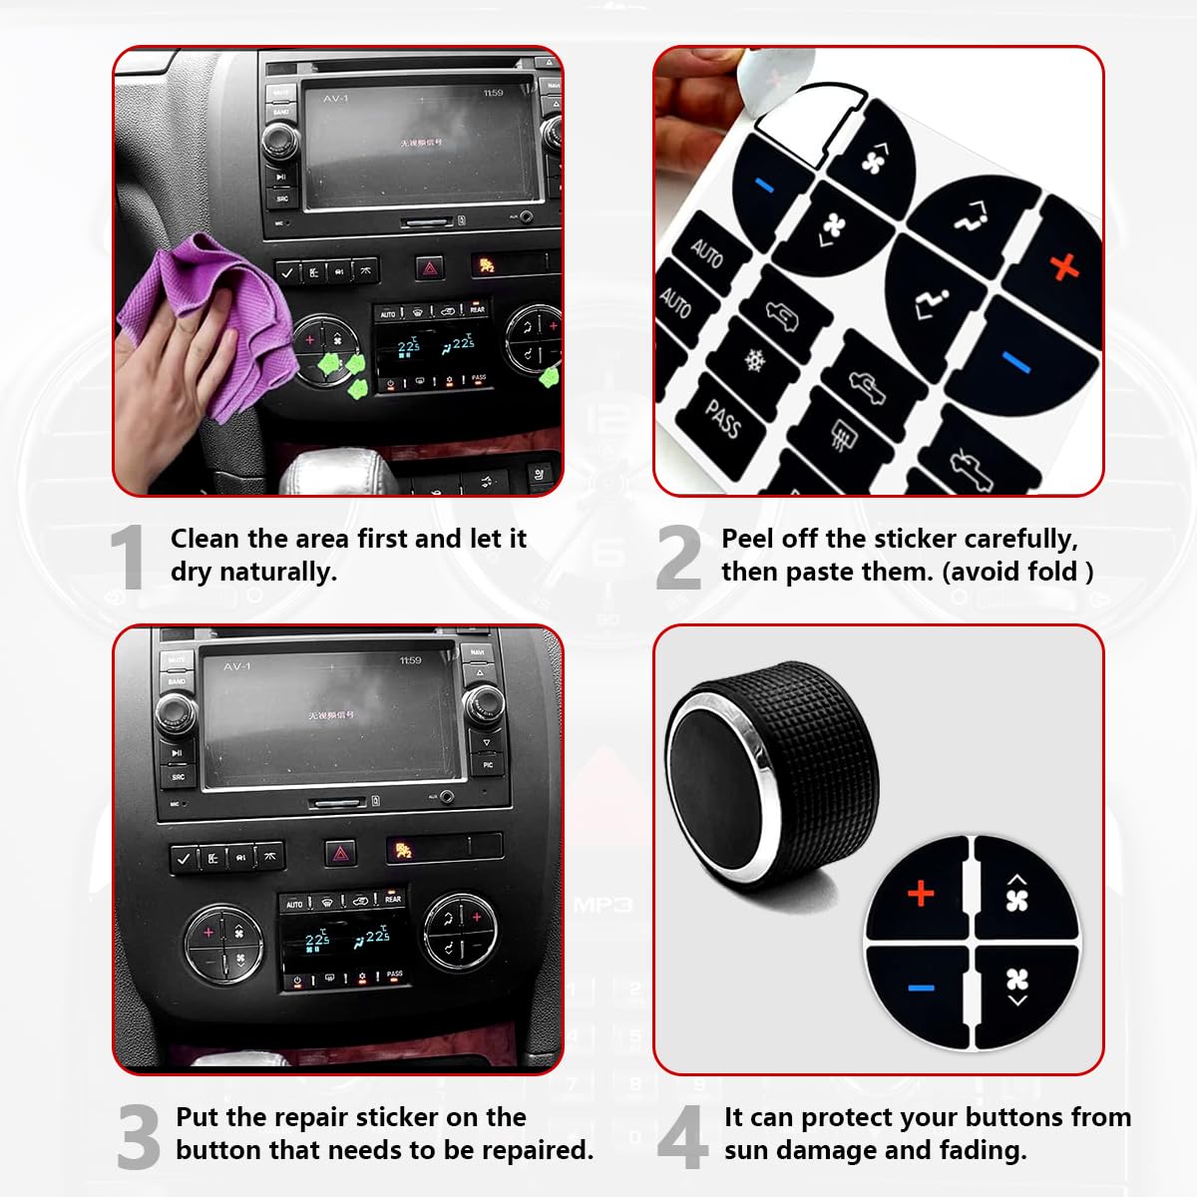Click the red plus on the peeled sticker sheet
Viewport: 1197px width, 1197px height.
coord(1064,265)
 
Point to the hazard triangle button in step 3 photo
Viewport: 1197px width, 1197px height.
coord(341,853)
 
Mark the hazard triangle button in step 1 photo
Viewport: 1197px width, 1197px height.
coord(430,267)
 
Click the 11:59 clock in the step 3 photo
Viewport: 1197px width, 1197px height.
coord(410,660)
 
